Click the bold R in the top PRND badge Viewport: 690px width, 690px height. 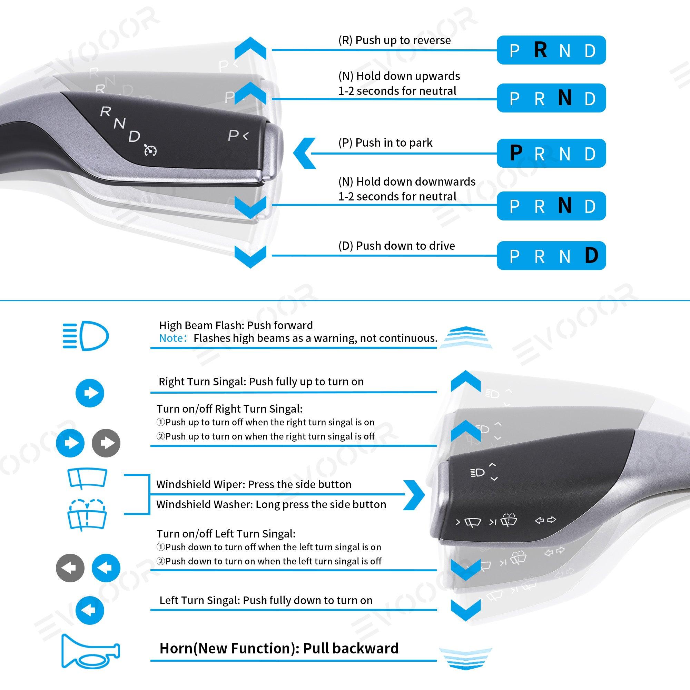[540, 50]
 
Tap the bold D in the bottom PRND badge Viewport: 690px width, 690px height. [591, 255]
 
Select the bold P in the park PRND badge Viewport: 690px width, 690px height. [516, 153]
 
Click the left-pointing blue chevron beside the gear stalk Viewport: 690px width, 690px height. [304, 153]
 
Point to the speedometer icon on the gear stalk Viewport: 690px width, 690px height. [150, 150]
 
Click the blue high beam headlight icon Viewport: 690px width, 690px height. [85, 336]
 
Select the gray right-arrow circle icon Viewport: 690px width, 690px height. [106, 443]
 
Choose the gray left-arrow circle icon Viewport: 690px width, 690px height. [70, 568]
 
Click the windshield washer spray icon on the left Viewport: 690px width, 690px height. [87, 515]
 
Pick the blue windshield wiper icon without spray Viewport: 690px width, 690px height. [87, 478]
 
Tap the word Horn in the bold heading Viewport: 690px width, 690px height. [176, 648]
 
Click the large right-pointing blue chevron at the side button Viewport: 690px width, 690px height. [414, 495]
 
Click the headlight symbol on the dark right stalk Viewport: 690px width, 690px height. [477, 473]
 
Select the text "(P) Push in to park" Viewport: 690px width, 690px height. [385, 143]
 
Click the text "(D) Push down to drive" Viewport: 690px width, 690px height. [396, 246]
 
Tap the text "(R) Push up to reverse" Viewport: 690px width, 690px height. [394, 40]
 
